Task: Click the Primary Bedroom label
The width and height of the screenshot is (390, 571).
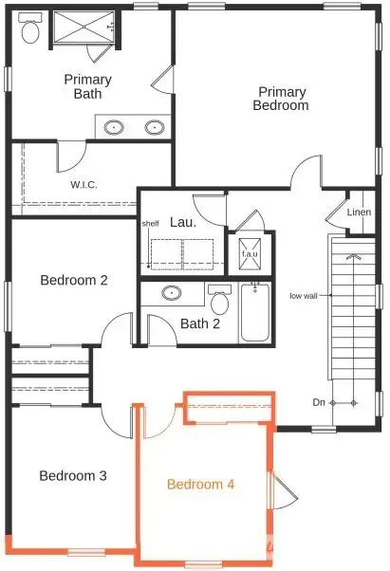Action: tap(281, 99)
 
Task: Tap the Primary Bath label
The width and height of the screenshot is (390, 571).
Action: tap(88, 85)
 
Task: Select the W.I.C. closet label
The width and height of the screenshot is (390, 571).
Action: tap(84, 184)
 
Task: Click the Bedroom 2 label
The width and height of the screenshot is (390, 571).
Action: tap(73, 280)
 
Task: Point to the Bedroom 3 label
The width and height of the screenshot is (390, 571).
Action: tap(72, 475)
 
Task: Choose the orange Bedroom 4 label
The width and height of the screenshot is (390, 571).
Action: tap(201, 484)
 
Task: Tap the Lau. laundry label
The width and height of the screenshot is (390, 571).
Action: tap(182, 222)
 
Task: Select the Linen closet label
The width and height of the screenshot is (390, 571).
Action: tap(359, 212)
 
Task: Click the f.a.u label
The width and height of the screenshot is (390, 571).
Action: tap(250, 254)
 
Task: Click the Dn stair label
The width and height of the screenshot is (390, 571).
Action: tap(318, 403)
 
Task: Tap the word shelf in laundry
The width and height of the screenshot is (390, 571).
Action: tap(150, 224)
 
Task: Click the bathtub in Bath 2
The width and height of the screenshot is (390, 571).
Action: tap(254, 313)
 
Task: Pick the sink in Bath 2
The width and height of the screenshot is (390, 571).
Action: tap(173, 293)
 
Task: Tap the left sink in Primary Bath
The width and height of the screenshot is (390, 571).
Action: tap(114, 126)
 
